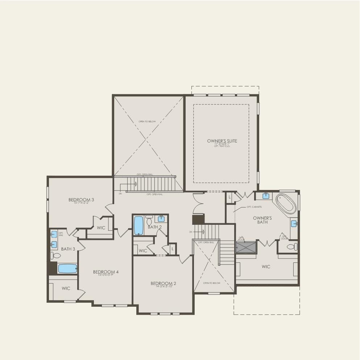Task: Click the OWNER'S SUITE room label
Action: pos(222,141)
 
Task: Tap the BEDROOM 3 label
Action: pos(81,200)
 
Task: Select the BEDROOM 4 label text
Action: pos(106,272)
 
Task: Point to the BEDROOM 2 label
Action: pos(164,283)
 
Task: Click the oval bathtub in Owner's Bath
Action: pos(286,204)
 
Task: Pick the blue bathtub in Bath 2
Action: pos(139,225)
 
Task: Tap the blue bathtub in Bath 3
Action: pos(67,269)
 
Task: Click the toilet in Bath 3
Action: pos(56,256)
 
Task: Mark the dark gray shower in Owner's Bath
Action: pos(246,247)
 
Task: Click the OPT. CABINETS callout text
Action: pos(254,207)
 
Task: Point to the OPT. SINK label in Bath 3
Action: pos(61,234)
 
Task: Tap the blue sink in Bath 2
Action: pos(161,219)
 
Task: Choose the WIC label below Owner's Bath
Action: pos(266,267)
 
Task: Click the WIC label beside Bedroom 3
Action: pos(101,228)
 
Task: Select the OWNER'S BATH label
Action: pos(262,220)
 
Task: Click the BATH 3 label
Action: pos(68,249)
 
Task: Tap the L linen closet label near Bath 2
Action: pos(173,249)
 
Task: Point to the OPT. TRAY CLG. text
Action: pos(222,146)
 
